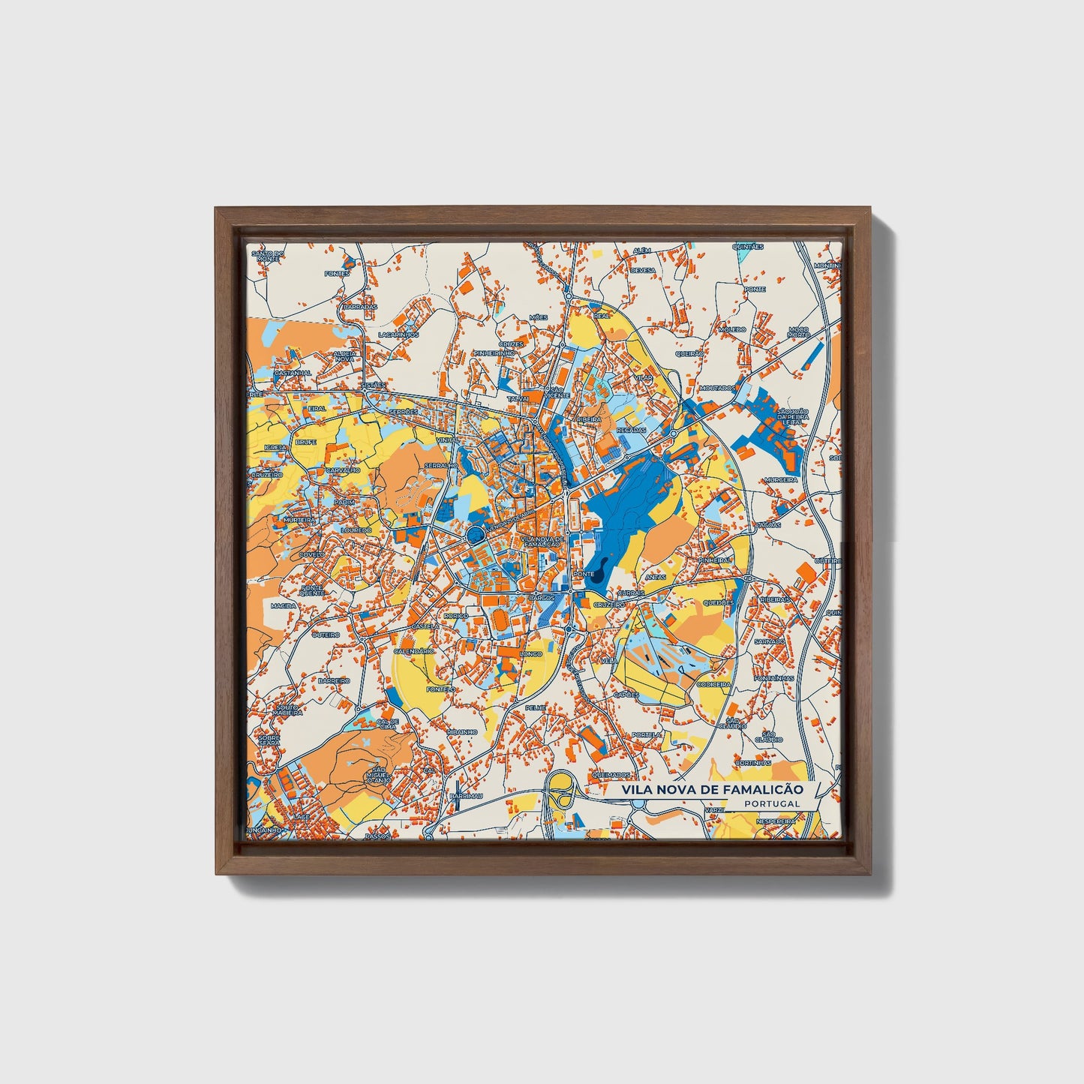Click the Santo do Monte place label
[x=268, y=256]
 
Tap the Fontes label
[x=337, y=274]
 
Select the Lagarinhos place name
[x=397, y=335]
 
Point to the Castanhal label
[x=293, y=373]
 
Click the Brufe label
[x=306, y=443]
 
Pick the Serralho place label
[x=441, y=466]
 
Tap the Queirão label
[x=689, y=353]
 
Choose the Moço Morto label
[x=799, y=332]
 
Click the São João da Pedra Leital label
[x=792, y=417]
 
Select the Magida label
[x=284, y=605]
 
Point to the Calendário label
[x=413, y=651]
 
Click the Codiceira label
[x=713, y=684]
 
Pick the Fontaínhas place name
[x=774, y=678]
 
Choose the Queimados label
[x=609, y=775]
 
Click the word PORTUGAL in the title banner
[x=773, y=803]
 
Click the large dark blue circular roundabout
[x=475, y=534]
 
